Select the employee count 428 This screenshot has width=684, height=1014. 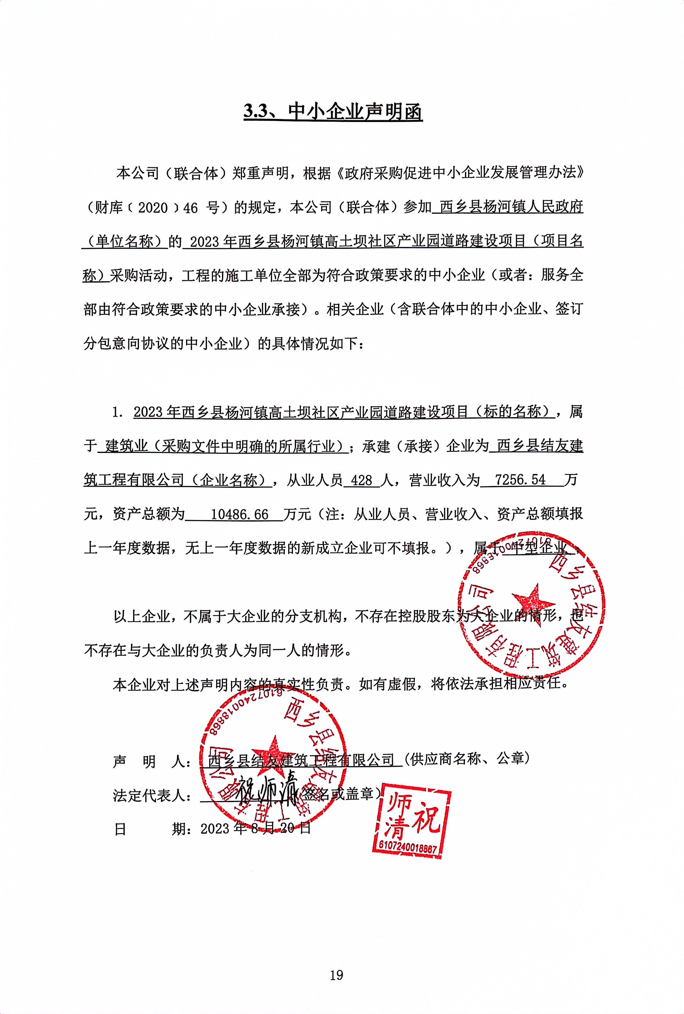361,480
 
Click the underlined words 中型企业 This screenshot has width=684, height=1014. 539,548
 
